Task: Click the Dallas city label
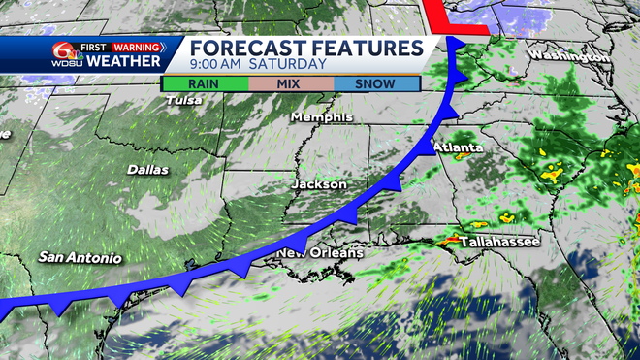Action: pyautogui.click(x=147, y=170)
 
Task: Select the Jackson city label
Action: pyautogui.click(x=319, y=183)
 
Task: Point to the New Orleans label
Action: pyautogui.click(x=321, y=253)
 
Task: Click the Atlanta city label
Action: pyautogui.click(x=458, y=147)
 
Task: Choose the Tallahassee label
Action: pyautogui.click(x=499, y=241)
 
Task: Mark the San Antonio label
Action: pyautogui.click(x=80, y=257)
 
